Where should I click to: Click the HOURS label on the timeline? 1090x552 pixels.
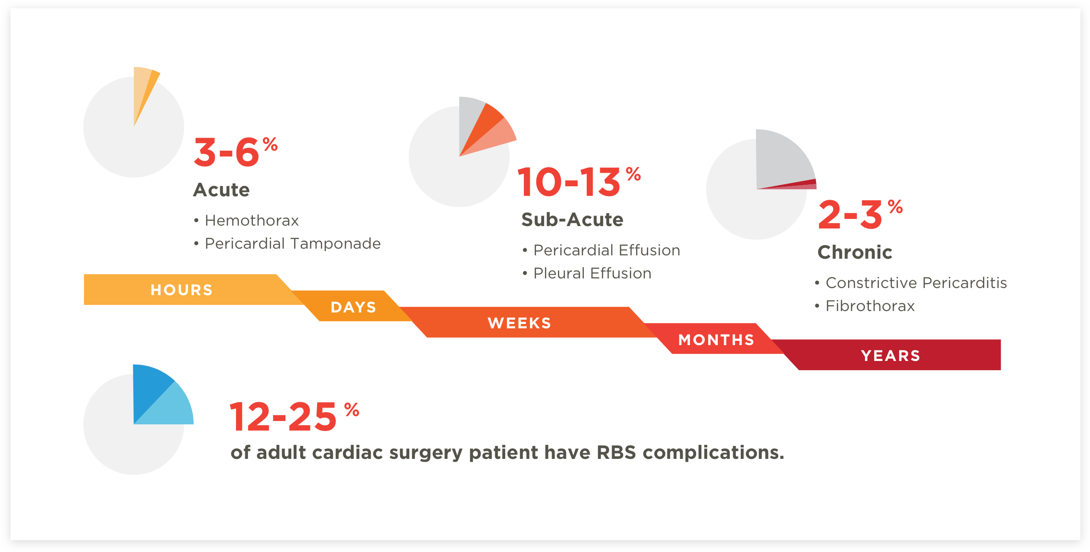pyautogui.click(x=181, y=290)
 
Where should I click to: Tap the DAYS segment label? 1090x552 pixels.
pyautogui.click(x=354, y=307)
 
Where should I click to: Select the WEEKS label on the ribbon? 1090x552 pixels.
pyautogui.click(x=520, y=323)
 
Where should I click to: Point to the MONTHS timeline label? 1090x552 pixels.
pyautogui.click(x=716, y=340)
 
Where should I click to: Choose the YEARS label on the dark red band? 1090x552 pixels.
pyautogui.click(x=891, y=356)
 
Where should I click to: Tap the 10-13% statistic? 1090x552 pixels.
pyautogui.click(x=579, y=181)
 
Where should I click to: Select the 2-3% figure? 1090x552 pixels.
pyautogui.click(x=861, y=214)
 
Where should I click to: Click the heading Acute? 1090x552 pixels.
pyautogui.click(x=222, y=190)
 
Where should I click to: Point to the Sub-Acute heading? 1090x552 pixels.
pyautogui.click(x=572, y=220)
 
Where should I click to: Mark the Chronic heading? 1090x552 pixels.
pyautogui.click(x=855, y=252)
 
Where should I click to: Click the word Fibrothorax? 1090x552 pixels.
pyautogui.click(x=870, y=306)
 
